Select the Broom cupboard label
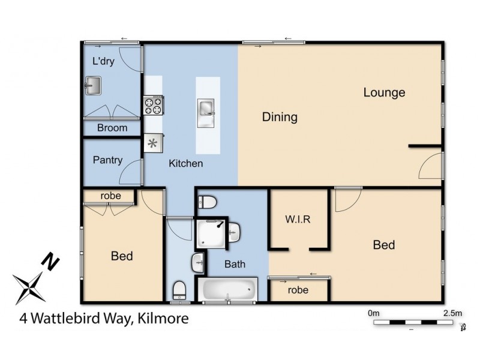(112, 128)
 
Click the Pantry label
(108, 160)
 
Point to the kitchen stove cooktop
(154, 106)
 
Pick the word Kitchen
(185, 163)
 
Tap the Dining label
(280, 117)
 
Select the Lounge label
(384, 92)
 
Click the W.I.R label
(298, 219)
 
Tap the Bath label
(235, 264)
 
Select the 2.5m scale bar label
(452, 313)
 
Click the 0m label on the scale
(374, 313)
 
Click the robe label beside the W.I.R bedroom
(298, 290)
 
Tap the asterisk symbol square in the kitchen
(151, 143)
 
